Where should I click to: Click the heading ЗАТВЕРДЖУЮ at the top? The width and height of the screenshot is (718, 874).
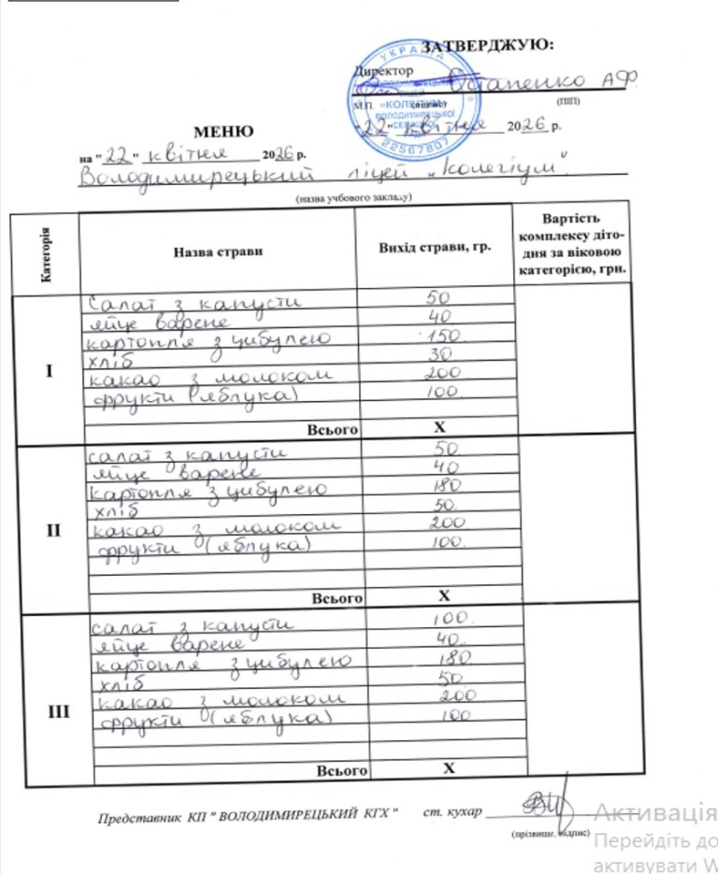pyautogui.click(x=488, y=45)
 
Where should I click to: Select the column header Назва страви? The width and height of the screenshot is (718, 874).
pyautogui.click(x=217, y=251)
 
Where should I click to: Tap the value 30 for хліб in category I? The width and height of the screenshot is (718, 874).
pyautogui.click(x=436, y=356)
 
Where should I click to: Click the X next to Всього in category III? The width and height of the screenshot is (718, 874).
pyautogui.click(x=447, y=768)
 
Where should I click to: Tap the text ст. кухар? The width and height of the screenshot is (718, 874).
pyautogui.click(x=452, y=811)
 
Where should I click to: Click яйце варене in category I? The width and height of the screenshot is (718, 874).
pyautogui.click(x=159, y=321)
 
